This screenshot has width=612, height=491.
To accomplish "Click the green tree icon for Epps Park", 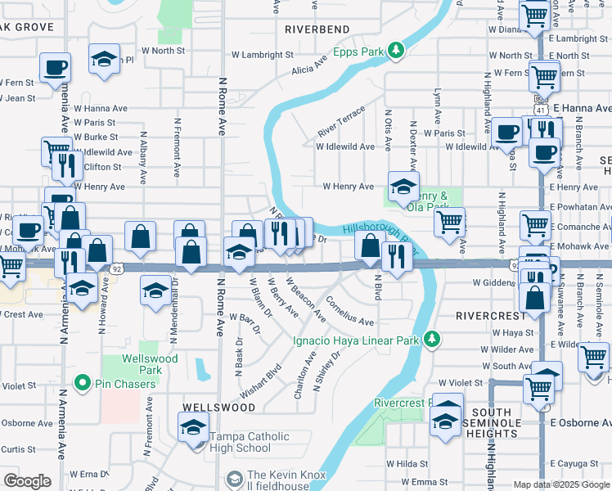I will click(396, 52).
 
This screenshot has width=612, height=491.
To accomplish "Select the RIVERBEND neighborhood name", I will click(317, 29).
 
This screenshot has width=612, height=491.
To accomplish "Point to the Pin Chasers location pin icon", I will click(82, 382).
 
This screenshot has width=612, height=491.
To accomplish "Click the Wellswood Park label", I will click(148, 364).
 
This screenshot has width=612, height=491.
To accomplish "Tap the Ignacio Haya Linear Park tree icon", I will click(432, 339).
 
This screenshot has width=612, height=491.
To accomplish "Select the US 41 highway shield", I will click(540, 108).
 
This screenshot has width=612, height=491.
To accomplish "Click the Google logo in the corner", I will click(27, 481).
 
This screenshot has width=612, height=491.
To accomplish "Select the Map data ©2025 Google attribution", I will click(561, 484).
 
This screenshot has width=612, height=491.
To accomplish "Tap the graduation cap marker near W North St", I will click(104, 60).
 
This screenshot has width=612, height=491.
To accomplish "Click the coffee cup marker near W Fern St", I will click(55, 67).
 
